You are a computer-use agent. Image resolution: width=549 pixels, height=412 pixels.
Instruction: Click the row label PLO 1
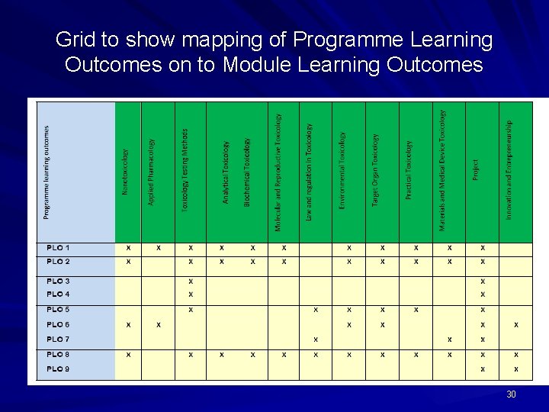(58, 248)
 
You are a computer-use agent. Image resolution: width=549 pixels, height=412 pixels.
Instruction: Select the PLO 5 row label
(58, 310)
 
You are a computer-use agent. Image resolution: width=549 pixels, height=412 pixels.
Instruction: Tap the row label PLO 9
(58, 369)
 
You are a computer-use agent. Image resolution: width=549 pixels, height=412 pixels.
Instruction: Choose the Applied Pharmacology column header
(152, 172)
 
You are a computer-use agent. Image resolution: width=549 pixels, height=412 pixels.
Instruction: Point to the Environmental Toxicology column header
(342, 169)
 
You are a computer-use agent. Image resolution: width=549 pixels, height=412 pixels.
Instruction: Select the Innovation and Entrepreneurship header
(509, 169)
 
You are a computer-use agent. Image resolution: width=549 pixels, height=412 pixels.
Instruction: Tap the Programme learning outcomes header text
(47, 173)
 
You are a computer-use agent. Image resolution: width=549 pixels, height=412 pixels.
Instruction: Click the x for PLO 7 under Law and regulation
(316, 340)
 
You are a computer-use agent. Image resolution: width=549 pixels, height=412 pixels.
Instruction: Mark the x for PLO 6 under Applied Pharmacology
(159, 325)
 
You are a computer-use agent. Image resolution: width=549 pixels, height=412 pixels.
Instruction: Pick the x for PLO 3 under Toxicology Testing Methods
(191, 281)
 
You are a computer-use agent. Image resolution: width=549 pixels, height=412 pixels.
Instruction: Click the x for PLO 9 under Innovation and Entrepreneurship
(516, 369)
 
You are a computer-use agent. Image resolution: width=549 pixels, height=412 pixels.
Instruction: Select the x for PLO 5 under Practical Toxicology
(416, 310)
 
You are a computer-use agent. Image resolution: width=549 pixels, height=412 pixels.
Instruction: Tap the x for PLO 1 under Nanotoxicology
(128, 248)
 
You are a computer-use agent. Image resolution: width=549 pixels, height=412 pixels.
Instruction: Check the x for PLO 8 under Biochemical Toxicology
(253, 354)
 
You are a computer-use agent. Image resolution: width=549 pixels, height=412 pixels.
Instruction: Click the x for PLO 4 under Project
(483, 295)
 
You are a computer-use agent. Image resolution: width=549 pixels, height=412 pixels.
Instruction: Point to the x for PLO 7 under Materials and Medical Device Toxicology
(450, 340)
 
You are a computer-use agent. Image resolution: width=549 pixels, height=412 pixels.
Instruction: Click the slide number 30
(511, 394)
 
